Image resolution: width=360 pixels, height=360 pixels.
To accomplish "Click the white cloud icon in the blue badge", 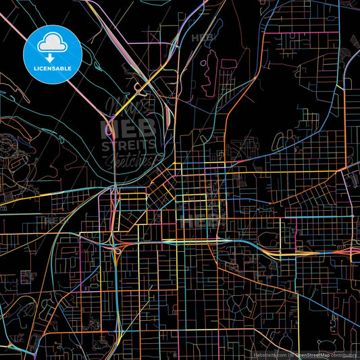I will pos(53,43).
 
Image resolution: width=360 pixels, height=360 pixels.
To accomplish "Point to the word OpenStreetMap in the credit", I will pos(313,354).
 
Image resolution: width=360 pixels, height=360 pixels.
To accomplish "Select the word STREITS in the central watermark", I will pos(128,145).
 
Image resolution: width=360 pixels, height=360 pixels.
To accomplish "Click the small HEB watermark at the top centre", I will pos(202,37).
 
